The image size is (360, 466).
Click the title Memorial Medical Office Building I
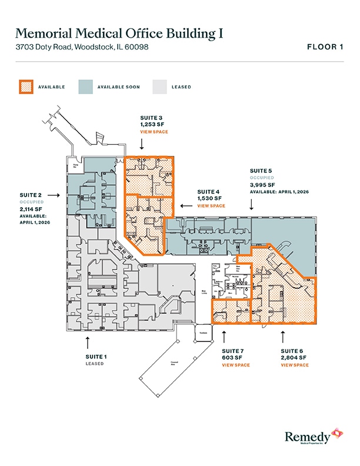tap(119, 33)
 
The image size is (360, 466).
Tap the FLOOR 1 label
tap(325, 47)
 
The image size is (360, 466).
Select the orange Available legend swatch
tap(25, 86)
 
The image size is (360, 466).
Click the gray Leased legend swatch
tap(159, 86)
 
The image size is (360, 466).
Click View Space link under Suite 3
tap(154, 132)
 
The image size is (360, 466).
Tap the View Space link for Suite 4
tap(211, 206)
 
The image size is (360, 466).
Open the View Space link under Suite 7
tap(236, 365)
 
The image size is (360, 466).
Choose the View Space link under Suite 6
tap(295, 365)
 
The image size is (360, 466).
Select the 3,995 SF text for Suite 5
tap(262, 184)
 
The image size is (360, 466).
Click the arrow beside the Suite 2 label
tap(54, 194)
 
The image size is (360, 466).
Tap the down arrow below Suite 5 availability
tap(252, 204)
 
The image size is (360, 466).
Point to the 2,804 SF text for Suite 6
tap(294, 358)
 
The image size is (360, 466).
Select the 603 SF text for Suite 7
tap(232, 358)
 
